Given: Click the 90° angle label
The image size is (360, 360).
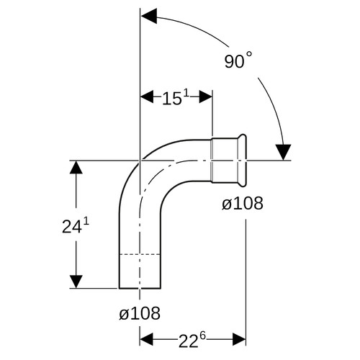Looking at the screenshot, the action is [238, 60].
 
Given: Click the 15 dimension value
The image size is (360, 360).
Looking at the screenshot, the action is [171, 99].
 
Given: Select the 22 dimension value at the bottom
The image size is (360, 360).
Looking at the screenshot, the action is [188, 341].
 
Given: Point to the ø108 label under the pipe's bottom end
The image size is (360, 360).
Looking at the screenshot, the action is [140, 313].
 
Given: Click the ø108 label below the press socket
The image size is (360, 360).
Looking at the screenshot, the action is [243, 203].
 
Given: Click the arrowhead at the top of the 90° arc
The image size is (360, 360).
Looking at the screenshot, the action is [149, 16].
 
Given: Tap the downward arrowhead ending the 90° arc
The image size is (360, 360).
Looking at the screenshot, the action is [283, 152].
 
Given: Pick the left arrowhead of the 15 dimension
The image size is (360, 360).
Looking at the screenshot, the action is [147, 96].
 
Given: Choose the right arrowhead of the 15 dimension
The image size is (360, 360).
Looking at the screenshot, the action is [206, 96].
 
